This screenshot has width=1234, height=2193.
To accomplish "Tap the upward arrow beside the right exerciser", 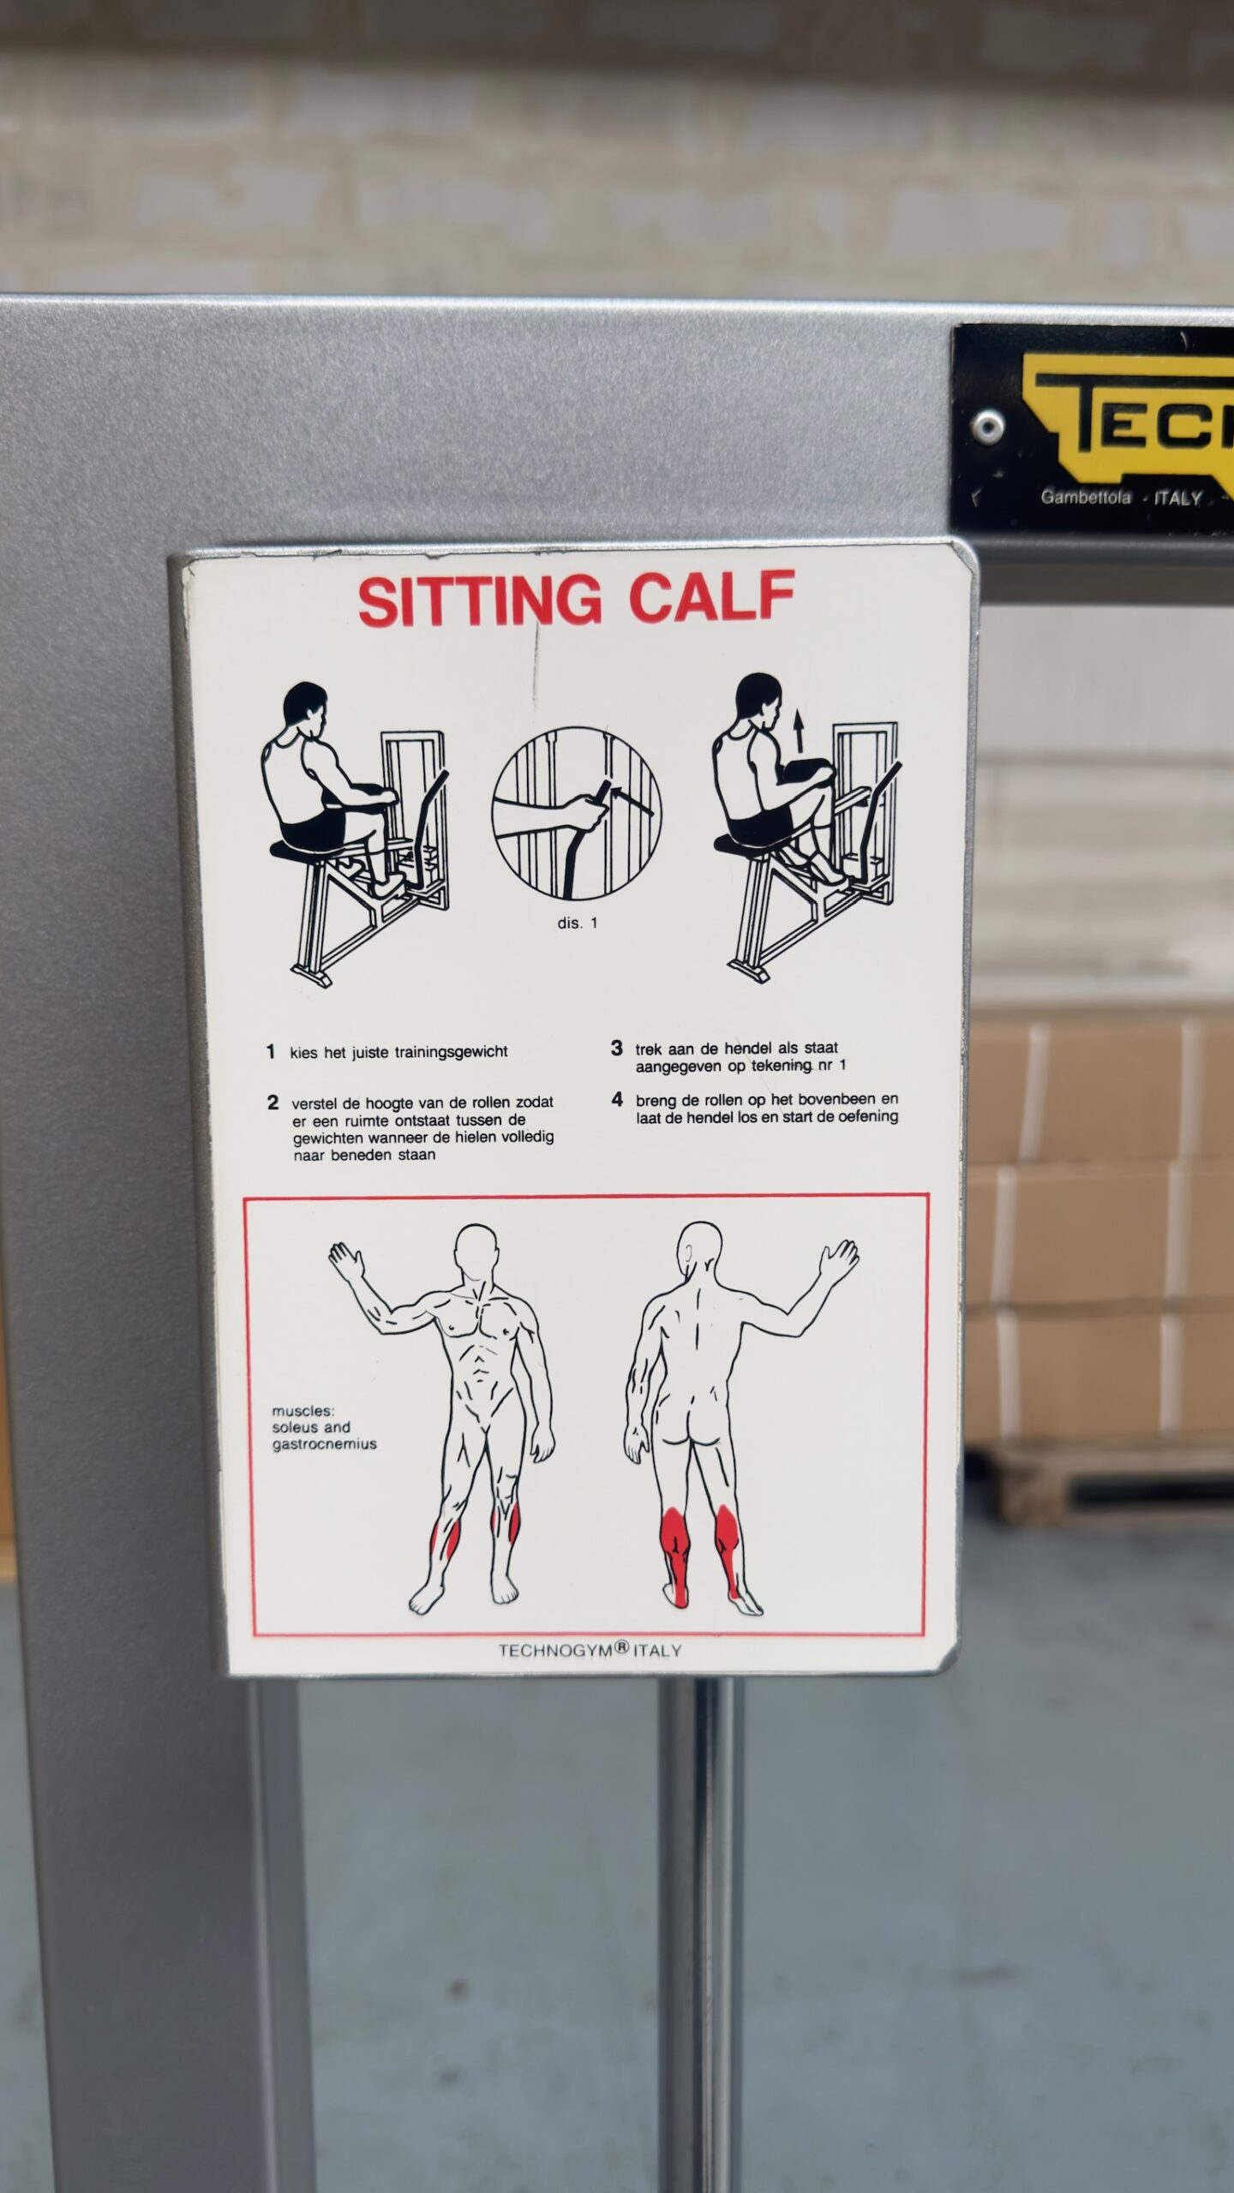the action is [799, 733].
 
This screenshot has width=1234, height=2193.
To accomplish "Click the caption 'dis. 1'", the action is [577, 923].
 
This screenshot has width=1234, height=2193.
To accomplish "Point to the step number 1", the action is [271, 1051].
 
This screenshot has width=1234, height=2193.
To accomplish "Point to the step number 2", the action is [273, 1102].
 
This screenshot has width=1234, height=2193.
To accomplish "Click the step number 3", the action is [616, 1048].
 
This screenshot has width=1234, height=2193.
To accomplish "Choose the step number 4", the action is [617, 1099].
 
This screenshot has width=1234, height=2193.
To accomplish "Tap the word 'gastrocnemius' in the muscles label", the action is [324, 1444].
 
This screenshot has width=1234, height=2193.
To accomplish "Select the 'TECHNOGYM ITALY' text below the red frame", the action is [590, 1650].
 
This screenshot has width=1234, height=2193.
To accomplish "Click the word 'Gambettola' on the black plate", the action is [1086, 497].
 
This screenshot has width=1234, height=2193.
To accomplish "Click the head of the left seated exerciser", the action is [306, 705].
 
